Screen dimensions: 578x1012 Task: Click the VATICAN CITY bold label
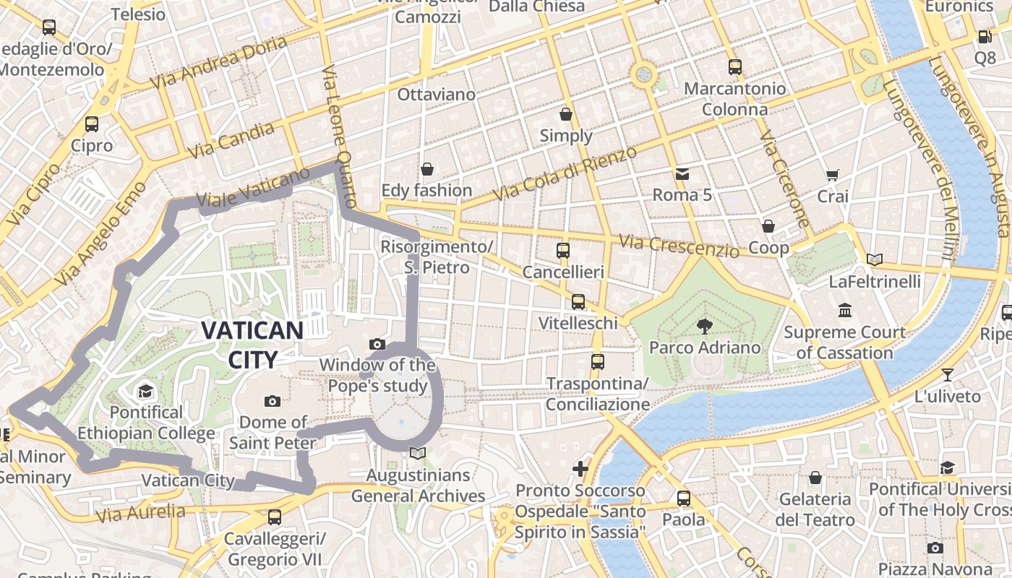click(252, 345)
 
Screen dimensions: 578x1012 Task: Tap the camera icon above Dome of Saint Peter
click(273, 401)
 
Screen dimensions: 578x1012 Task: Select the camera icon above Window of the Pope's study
click(377, 344)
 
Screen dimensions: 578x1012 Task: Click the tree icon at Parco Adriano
click(704, 327)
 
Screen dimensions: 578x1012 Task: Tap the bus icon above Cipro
click(92, 124)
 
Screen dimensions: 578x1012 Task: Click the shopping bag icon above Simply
click(566, 114)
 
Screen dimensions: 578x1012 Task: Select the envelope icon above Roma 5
click(682, 173)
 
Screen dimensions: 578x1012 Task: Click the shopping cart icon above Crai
click(832, 175)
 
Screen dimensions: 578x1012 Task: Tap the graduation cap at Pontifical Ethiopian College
click(146, 392)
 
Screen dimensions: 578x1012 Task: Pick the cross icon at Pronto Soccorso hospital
click(580, 469)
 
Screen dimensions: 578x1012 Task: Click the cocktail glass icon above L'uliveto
click(948, 374)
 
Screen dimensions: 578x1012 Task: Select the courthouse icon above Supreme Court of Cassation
click(844, 311)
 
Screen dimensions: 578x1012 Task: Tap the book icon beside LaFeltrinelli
click(875, 259)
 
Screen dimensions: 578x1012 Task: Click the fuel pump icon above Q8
click(985, 36)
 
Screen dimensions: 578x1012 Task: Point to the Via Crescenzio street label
click(679, 246)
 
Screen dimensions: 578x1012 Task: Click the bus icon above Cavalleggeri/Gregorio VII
click(275, 517)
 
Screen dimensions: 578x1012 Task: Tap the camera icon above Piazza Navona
click(935, 548)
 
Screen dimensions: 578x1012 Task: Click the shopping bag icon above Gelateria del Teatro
click(815, 478)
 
